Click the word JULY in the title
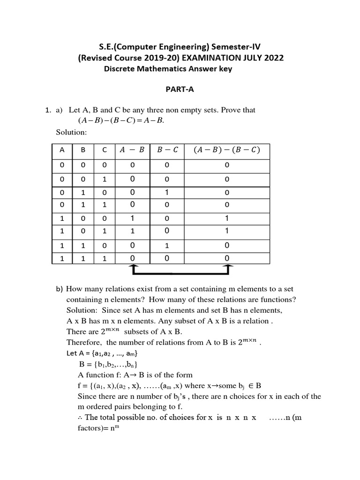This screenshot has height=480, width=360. pos(244,58)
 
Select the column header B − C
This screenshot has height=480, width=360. pos(167,150)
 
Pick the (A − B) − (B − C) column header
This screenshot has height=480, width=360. pos(226,150)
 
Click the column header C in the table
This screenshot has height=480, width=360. pos(105,150)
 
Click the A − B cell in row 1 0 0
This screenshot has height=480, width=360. pos(133,218)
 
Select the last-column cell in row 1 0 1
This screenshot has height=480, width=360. pos(227,231)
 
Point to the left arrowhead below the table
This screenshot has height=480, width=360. pos(134,267)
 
